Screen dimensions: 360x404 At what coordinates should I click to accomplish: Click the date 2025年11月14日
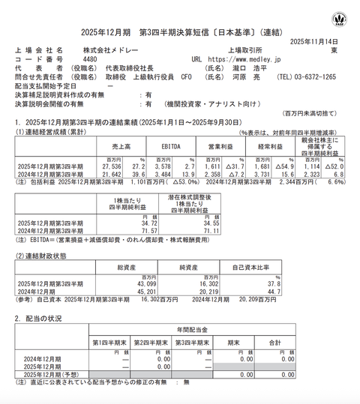(319, 40)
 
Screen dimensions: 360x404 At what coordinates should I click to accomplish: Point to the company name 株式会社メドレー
(111, 49)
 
